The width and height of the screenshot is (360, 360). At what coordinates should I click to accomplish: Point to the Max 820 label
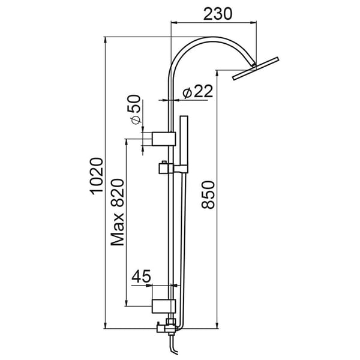pos(118,212)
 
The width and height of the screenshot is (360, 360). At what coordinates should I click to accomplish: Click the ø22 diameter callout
pos(195,91)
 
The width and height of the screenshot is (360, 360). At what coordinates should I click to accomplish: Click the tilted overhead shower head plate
pos(257,67)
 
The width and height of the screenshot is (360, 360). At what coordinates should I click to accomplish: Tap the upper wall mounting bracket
pos(163,139)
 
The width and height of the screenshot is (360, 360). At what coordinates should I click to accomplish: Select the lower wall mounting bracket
pos(163,306)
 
